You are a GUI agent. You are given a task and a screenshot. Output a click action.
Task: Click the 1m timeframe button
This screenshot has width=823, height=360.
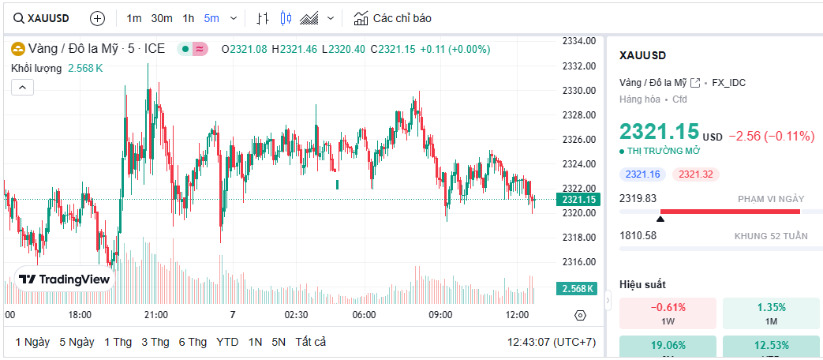click(134, 18)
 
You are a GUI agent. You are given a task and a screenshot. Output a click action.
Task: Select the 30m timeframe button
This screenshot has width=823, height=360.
click(162, 18)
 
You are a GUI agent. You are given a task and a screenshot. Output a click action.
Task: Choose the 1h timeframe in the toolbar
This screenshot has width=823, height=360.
click(188, 18)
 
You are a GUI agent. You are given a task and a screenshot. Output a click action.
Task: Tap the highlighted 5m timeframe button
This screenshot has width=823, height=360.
click(211, 18)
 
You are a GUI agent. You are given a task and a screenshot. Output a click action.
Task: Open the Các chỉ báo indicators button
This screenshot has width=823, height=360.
click(392, 18)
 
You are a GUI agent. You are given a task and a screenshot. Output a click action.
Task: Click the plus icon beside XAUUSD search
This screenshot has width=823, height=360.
click(97, 18)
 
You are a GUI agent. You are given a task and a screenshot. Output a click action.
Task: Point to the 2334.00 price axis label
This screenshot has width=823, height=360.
click(578, 41)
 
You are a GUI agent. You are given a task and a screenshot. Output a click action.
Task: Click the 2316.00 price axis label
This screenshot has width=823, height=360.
click(578, 262)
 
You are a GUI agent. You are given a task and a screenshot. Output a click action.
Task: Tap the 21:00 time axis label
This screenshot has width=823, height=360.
click(156, 315)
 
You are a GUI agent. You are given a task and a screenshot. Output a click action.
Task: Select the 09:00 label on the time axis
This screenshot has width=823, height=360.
click(440, 315)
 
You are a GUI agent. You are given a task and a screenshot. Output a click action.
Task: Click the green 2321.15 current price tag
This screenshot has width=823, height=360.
click(578, 200)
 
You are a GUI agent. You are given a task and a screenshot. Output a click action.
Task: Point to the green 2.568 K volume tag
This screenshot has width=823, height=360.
click(577, 289)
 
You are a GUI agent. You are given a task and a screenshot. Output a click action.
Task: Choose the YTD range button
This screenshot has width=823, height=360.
click(227, 342)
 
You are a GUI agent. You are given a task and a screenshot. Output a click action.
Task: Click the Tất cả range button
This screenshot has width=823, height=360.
click(310, 342)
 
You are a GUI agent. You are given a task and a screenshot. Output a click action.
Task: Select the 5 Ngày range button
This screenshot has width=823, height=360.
click(77, 342)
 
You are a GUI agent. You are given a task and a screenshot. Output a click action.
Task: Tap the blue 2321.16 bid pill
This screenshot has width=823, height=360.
click(643, 174)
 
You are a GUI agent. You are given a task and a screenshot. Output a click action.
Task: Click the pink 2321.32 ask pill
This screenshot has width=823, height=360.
click(696, 174)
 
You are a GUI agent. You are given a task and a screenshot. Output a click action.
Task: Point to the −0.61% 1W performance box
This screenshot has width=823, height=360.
click(668, 313)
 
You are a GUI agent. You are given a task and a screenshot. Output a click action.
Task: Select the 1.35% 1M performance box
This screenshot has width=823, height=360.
click(771, 313)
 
